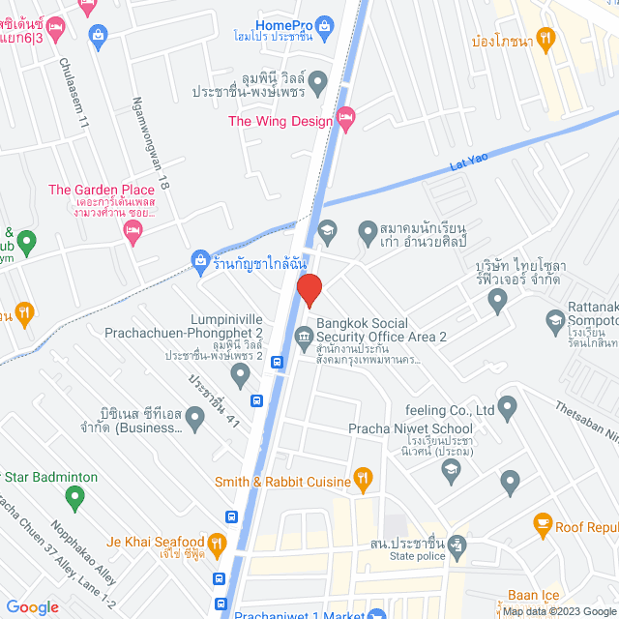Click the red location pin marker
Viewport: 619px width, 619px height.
tap(309, 290)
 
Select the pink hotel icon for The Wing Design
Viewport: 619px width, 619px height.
tap(346, 119)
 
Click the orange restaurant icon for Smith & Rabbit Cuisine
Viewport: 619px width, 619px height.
tap(363, 476)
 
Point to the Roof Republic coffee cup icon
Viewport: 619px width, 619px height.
tap(543, 525)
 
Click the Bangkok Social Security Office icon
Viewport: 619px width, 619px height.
tap(305, 335)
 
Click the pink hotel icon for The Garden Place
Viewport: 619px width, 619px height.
tap(133, 228)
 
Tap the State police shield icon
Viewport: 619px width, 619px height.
tap(457, 544)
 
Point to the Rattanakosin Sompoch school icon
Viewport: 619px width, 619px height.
tap(555, 319)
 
